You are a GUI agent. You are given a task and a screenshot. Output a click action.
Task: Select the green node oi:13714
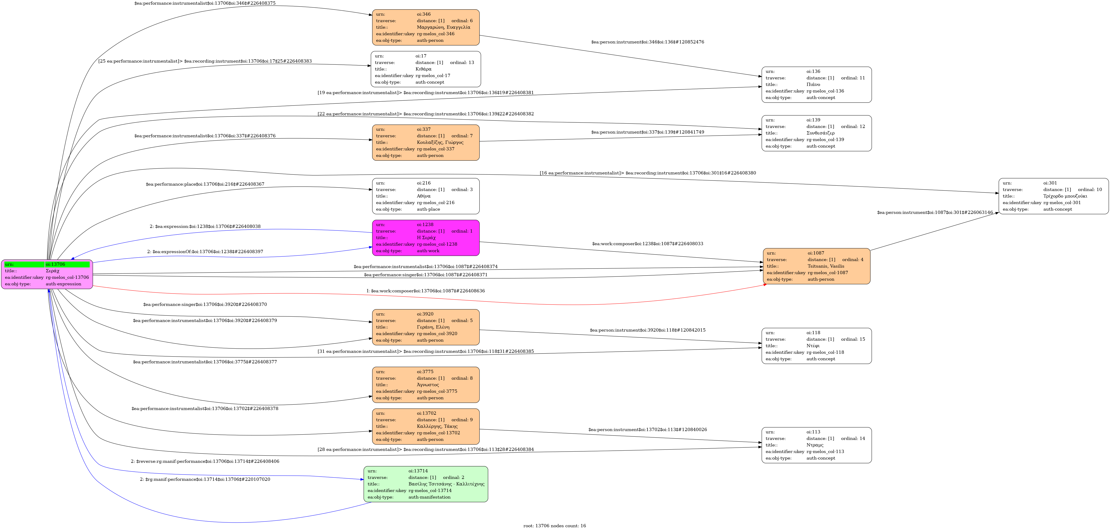coord(426,484)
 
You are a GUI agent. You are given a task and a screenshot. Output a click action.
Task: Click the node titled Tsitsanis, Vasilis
coord(817,266)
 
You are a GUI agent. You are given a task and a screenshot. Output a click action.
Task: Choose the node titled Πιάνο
coord(817,84)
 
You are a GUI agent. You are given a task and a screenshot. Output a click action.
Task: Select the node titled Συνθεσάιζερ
coord(817,133)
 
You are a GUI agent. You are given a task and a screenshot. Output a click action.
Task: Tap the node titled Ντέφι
coord(817,346)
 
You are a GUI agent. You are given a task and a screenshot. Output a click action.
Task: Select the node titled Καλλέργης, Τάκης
coord(426,426)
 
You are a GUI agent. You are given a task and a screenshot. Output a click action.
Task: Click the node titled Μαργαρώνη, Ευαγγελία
coord(426,27)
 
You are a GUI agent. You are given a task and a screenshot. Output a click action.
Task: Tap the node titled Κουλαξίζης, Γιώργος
coord(426,142)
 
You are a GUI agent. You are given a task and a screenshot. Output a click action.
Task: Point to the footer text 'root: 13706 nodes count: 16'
coord(555,526)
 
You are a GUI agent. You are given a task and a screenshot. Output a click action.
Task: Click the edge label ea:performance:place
coord(205,184)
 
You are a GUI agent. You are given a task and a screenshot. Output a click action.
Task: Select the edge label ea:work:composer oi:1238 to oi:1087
coord(648,244)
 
